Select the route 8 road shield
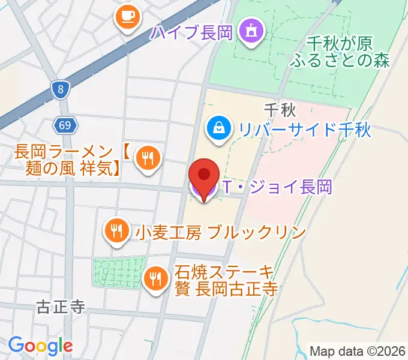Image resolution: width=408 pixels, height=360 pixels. pos(61,91)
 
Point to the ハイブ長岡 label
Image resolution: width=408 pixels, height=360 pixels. pos(192,32)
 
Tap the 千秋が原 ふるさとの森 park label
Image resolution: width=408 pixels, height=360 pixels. pos(340,52)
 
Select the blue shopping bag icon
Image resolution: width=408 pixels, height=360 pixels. pos(217,127)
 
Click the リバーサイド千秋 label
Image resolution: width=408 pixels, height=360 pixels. pos(305,129)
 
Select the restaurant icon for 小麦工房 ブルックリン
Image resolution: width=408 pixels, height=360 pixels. pos(115,230)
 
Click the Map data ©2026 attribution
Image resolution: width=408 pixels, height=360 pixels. pos(357,351)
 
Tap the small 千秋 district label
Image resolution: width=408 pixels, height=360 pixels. pos(277,109)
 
